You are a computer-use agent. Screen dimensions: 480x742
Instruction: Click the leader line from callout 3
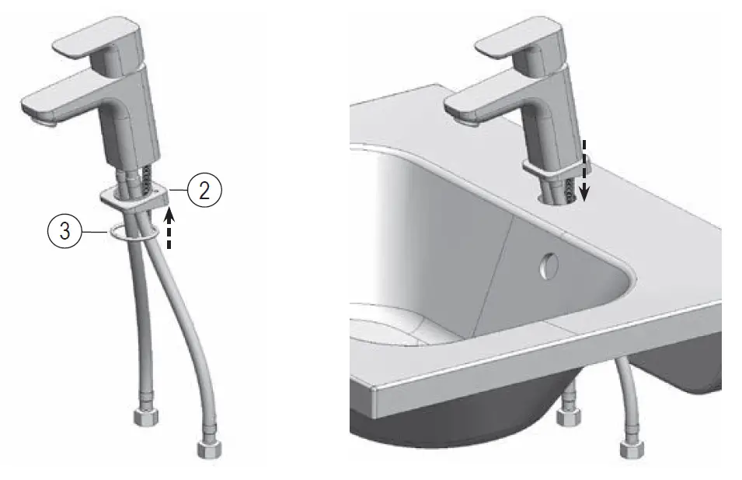95,232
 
